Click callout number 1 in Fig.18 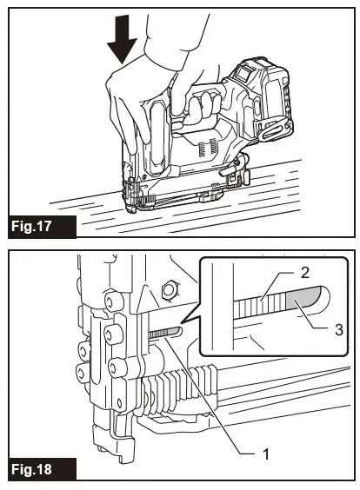[265, 454]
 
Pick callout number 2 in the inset [304, 273]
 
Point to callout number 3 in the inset [339, 329]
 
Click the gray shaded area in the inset [303, 298]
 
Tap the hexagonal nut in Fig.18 [170, 291]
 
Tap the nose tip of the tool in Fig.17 [130, 208]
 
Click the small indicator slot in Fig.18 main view [165, 333]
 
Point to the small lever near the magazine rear [228, 169]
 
